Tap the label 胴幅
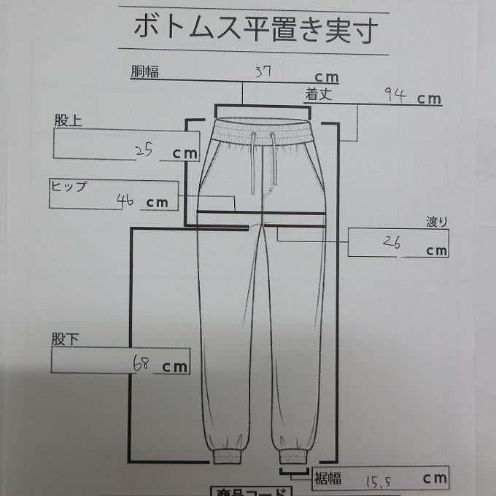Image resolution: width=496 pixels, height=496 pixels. click(145, 71)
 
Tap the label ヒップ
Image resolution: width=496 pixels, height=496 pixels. click(68, 185)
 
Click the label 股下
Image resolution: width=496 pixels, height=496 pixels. click(63, 340)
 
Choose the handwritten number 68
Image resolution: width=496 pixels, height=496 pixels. click(142, 363)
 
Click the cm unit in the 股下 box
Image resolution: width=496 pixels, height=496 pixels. click(174, 367)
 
